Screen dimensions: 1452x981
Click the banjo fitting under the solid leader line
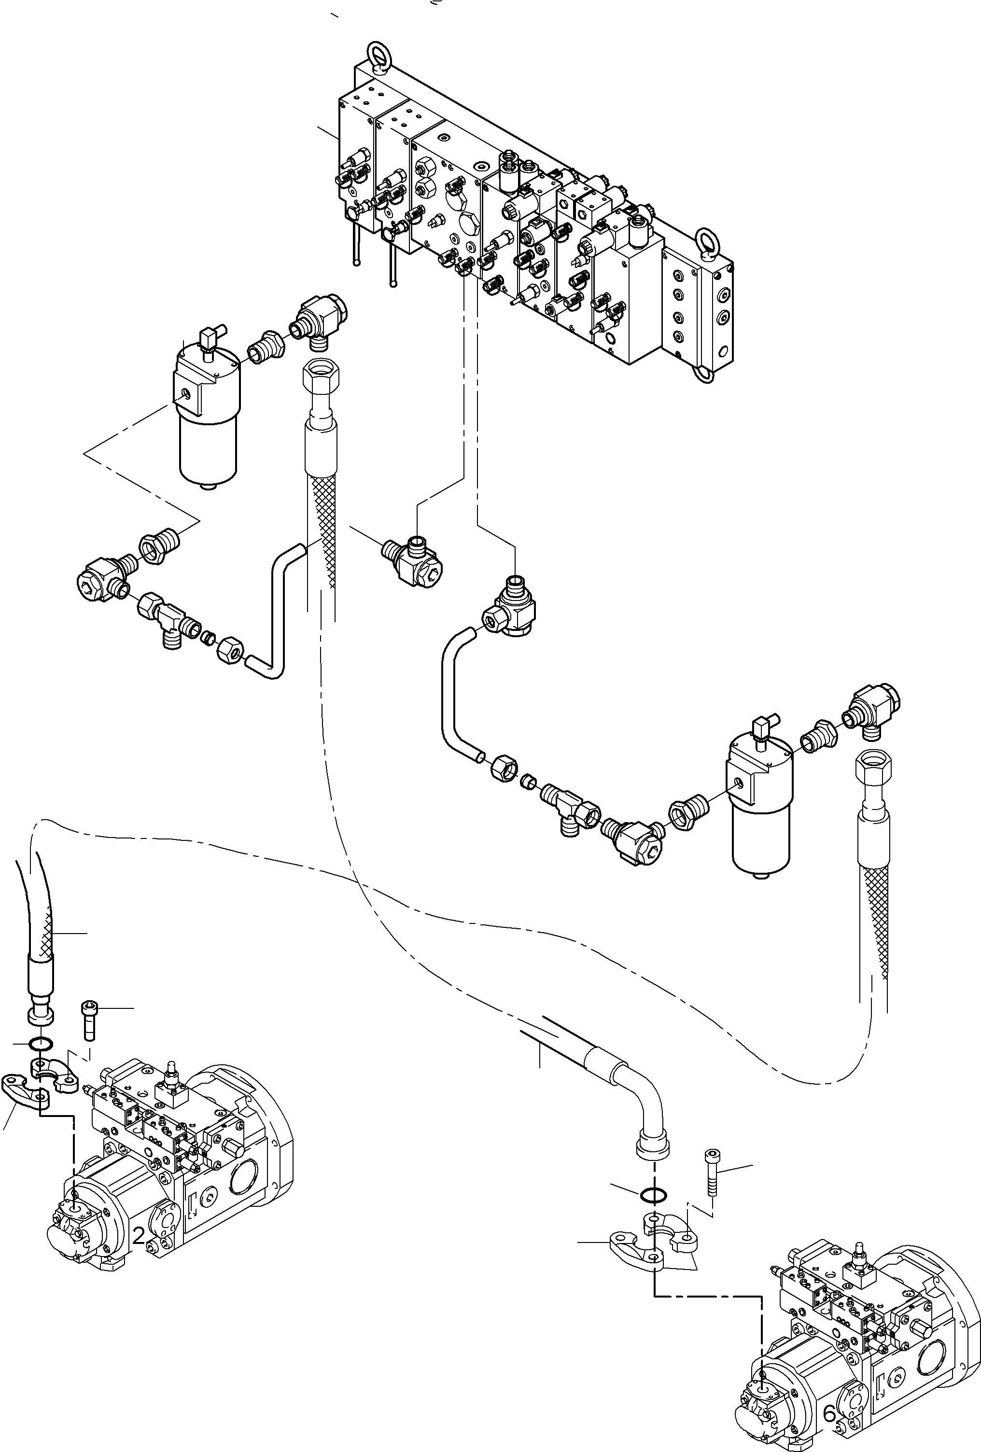point(410,563)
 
